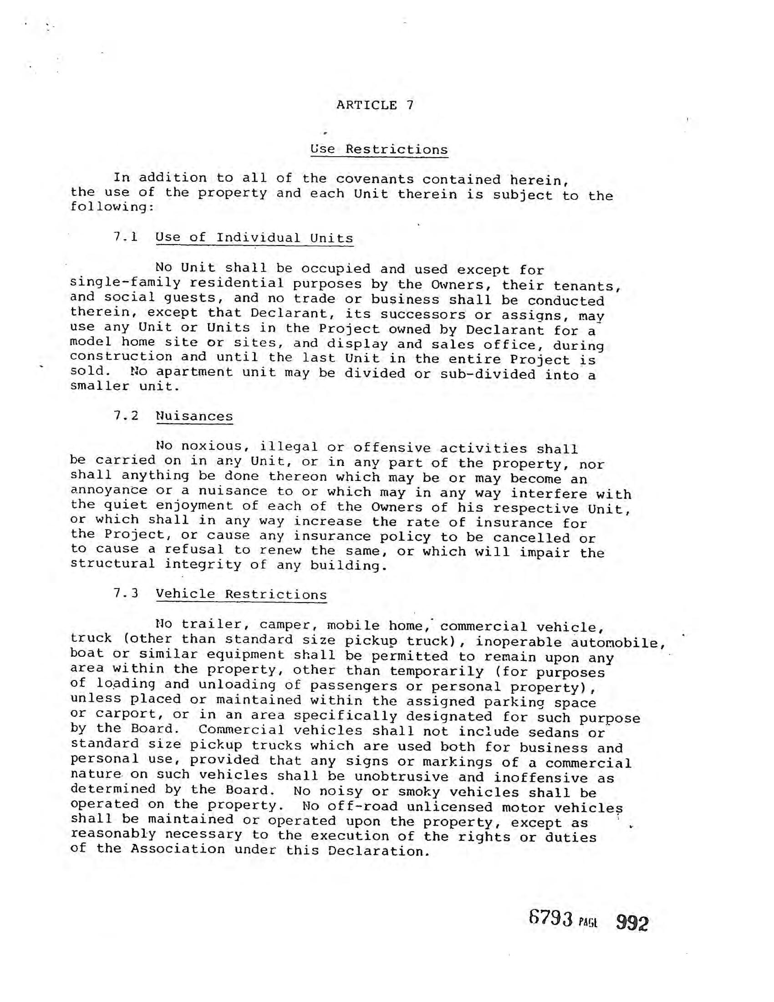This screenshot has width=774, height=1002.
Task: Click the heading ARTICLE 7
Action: [375, 105]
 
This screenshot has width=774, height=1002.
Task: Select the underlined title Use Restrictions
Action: [379, 149]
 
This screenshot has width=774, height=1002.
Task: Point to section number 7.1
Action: [126, 237]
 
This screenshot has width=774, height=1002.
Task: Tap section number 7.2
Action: [126, 415]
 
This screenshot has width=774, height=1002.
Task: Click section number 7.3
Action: [126, 593]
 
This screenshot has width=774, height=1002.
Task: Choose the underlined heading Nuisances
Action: [194, 416]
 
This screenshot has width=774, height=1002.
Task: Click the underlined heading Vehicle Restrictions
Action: [241, 594]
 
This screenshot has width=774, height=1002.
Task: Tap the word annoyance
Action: [109, 491]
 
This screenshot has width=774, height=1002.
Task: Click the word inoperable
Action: [518, 642]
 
